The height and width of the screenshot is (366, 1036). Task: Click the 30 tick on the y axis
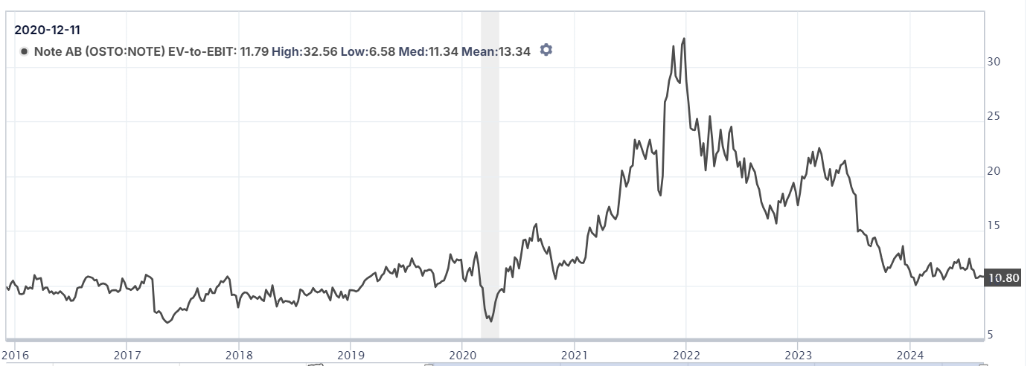tap(994, 62)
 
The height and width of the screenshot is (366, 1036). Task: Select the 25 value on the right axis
tap(994, 117)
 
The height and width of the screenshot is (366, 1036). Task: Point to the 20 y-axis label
tap(994, 171)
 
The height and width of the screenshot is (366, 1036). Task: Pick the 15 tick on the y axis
tap(994, 226)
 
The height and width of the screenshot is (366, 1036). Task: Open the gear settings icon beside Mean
tap(546, 50)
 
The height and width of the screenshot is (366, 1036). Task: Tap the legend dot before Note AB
tap(25, 51)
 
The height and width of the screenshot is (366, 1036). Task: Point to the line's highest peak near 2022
tap(684, 39)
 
